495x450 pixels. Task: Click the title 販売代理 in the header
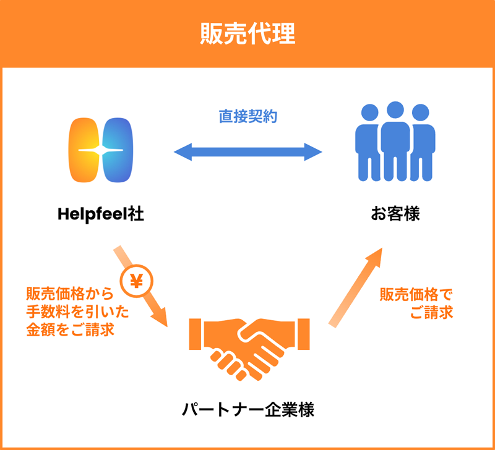click(247, 34)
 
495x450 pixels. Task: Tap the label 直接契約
click(248, 116)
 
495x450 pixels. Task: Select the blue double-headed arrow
click(248, 151)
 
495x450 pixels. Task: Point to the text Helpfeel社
click(101, 215)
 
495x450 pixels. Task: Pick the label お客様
click(395, 215)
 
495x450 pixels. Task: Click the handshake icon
click(248, 349)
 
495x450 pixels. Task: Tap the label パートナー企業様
click(248, 409)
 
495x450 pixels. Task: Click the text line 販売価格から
click(70, 293)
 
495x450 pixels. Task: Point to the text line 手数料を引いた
click(70, 311)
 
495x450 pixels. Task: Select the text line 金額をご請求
click(70, 329)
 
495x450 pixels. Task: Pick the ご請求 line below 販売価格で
click(431, 313)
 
